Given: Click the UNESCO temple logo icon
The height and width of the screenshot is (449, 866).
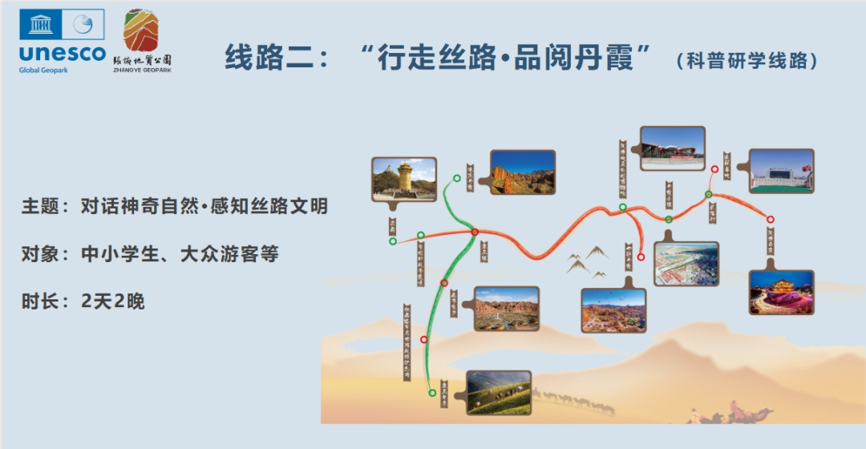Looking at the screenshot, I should click(x=41, y=25).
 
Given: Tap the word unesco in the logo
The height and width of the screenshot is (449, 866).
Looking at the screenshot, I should click(x=62, y=54).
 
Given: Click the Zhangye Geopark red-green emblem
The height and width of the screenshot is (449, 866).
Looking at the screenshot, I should click(x=141, y=32).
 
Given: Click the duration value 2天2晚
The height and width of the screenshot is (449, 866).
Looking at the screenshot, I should click(x=112, y=302).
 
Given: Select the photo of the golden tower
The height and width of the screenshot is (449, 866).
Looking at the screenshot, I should click(x=404, y=178).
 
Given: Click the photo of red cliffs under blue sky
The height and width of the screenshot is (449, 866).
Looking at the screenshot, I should click(x=522, y=172).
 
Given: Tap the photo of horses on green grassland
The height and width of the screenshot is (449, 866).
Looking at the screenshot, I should click(x=498, y=392).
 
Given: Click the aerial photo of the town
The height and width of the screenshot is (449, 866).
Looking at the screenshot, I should click(x=686, y=264).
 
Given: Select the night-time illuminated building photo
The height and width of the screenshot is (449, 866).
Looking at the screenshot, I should click(x=781, y=292).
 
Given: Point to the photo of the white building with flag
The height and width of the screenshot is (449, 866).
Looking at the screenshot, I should click(x=781, y=171).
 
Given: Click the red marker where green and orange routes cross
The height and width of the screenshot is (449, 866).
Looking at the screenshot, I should click(x=475, y=233).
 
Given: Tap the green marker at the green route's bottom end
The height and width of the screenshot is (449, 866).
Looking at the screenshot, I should click(x=432, y=392).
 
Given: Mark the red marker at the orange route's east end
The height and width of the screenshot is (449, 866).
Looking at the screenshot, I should click(x=771, y=220).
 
